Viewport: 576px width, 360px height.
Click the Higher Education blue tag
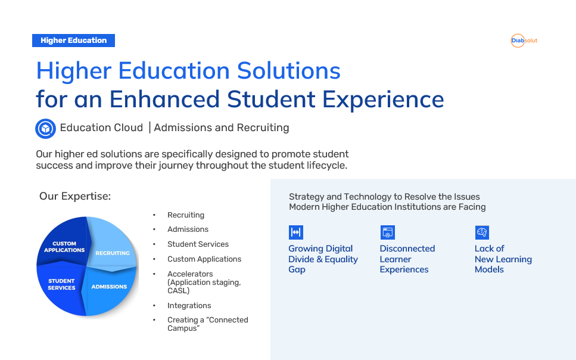tap(73, 41)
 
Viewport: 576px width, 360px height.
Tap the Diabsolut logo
tap(524, 41)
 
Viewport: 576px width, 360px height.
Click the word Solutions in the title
tap(289, 70)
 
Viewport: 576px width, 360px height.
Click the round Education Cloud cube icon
tap(45, 128)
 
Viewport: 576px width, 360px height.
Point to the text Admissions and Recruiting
tap(222, 128)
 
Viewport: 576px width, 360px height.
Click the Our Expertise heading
tap(75, 196)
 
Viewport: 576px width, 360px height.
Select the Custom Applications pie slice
tap(63, 243)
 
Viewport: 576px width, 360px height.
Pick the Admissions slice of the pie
tap(110, 288)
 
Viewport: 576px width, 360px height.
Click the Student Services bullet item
tap(198, 244)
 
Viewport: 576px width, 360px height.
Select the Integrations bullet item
tap(189, 306)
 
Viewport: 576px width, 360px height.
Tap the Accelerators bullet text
tap(204, 282)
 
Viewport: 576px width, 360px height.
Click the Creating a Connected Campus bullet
tap(208, 324)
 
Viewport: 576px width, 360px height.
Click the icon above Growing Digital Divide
tap(295, 232)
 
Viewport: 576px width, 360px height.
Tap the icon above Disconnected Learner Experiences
tap(388, 232)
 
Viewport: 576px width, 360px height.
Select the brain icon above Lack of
tap(482, 232)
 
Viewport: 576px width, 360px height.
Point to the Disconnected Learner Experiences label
tap(407, 259)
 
